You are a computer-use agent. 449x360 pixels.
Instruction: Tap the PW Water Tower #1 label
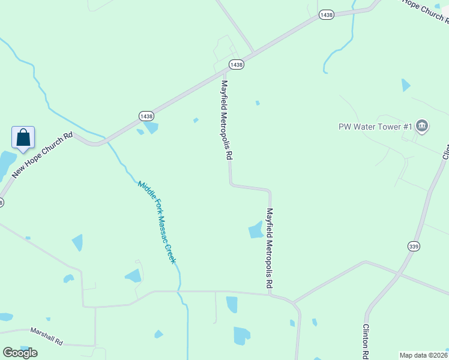point(375,127)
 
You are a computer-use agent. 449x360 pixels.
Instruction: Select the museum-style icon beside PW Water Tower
point(422,126)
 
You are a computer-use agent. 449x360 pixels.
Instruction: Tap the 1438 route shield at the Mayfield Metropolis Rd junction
point(236,64)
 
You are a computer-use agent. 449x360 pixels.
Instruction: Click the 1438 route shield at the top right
point(327,14)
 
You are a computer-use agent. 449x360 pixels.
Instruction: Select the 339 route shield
point(414,246)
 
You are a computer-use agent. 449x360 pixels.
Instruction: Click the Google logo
point(20,353)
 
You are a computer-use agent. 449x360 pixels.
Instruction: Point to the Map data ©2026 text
point(424,355)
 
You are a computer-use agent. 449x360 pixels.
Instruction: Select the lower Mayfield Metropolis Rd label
point(270,247)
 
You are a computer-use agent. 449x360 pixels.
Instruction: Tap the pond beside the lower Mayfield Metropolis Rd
point(256,230)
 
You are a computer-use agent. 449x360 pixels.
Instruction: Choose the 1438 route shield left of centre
point(146,115)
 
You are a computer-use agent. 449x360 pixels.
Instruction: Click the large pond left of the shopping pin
point(6,163)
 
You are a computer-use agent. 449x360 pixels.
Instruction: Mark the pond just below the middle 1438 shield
point(151,128)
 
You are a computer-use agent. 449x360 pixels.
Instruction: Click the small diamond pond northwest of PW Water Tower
point(406,85)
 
